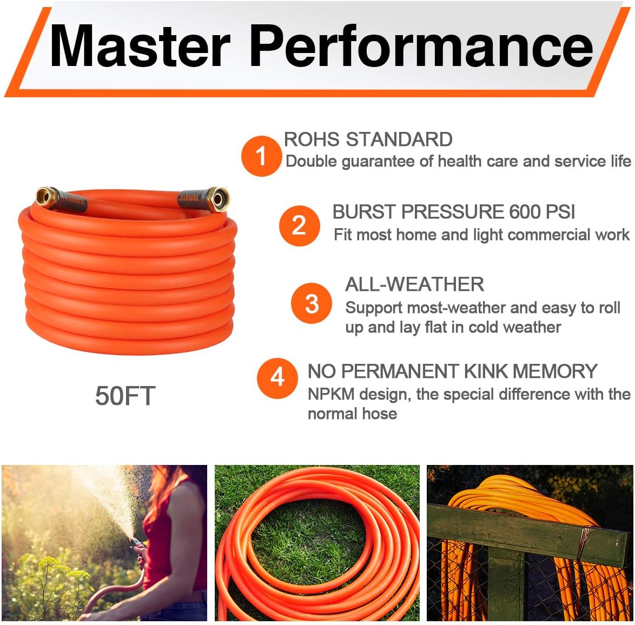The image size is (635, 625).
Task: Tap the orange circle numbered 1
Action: [x=261, y=156]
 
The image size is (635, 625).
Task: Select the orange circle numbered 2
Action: [x=299, y=225]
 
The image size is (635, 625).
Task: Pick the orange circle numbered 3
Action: [x=312, y=304]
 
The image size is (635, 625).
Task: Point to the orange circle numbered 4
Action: [x=277, y=377]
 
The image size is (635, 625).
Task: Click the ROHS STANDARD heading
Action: [x=368, y=139]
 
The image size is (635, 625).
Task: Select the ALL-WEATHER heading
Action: [x=414, y=284]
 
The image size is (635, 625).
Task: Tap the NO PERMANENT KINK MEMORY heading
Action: [x=452, y=371]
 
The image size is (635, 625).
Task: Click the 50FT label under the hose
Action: [x=125, y=396]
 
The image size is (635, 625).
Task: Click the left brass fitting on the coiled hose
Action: [x=47, y=196]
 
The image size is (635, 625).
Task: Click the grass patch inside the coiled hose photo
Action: [x=303, y=541]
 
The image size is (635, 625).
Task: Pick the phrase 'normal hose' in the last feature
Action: [x=352, y=414]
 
